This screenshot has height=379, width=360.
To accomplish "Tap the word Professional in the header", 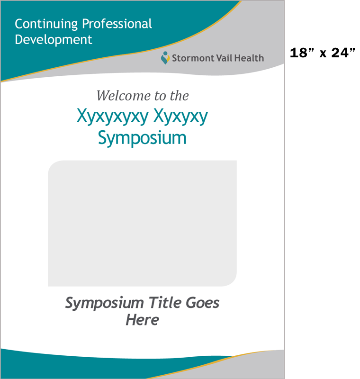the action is tap(117, 24).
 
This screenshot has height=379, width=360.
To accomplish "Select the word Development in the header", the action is tap(54, 40).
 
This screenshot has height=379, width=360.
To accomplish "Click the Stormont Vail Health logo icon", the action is tap(165, 58).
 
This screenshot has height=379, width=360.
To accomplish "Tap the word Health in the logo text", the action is tap(249, 58).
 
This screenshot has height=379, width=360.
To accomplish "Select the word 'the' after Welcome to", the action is tap(179, 96).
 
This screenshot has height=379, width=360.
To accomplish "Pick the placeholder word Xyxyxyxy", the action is tap(113, 117).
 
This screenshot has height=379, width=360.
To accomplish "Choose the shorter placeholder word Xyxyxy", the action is tap(180, 117).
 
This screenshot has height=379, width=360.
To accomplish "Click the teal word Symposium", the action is tap(142, 138).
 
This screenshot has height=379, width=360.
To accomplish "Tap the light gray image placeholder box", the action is tap(142, 223).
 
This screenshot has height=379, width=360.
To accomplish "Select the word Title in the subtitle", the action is tap(165, 302).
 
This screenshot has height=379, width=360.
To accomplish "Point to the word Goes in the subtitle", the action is tap(202, 303).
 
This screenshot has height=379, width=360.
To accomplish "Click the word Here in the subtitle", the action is tap(143, 320).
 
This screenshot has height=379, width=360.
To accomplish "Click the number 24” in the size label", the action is tap(343, 53).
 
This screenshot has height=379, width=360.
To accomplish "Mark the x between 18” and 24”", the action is tap(323, 54).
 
